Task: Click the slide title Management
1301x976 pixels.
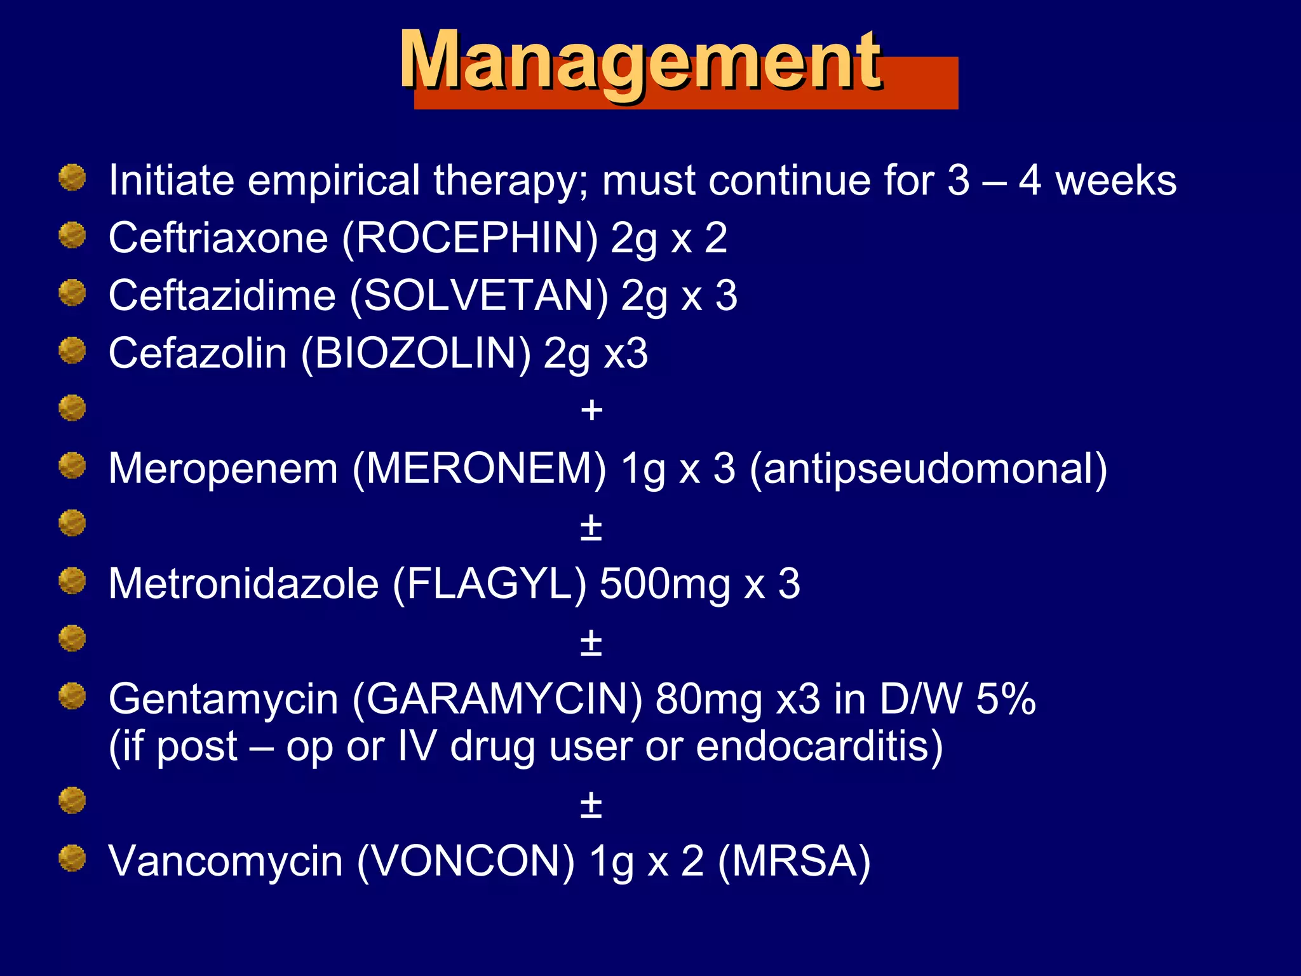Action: tap(640, 62)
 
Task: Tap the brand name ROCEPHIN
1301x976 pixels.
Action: tap(470, 238)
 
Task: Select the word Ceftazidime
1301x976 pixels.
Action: tap(222, 296)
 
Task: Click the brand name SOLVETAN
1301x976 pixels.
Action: tap(479, 296)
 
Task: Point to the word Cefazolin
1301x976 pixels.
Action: tap(198, 353)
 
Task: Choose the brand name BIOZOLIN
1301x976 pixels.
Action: tap(415, 353)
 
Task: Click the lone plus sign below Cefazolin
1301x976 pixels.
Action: tap(591, 410)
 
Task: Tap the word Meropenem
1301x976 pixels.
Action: tap(223, 469)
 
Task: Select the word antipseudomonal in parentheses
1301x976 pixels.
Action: tap(928, 469)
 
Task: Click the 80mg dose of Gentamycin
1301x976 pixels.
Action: tap(708, 699)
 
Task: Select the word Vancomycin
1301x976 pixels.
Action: tap(226, 862)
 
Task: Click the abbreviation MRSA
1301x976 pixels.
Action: tap(794, 862)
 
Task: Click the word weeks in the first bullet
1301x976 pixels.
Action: tap(1116, 180)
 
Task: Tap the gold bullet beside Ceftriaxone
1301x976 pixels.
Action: tap(72, 236)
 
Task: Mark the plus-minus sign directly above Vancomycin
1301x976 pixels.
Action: tap(591, 804)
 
